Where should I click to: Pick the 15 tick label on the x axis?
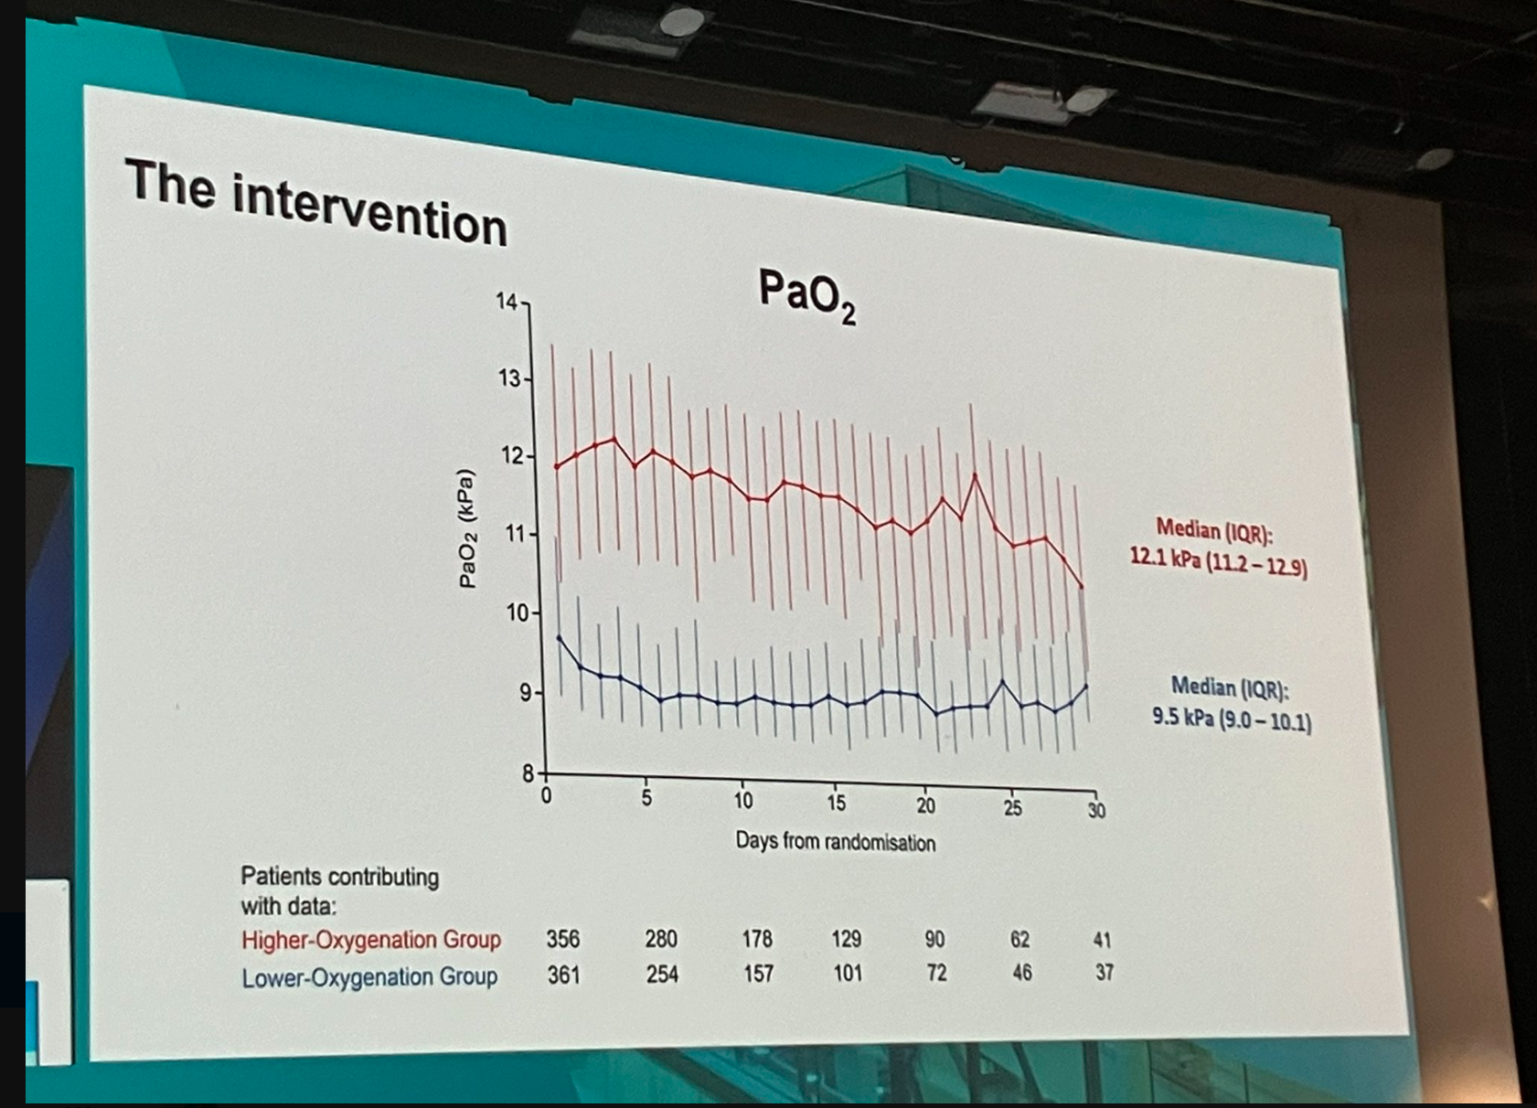836,803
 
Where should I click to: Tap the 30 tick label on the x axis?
1096,810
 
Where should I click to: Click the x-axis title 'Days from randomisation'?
836,841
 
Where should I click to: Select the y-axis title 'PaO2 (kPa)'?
467,528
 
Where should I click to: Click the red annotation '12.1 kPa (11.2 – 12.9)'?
1219,561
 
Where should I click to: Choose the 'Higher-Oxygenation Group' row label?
371,940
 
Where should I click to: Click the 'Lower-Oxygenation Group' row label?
369,977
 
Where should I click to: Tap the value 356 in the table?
563,939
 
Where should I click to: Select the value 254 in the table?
662,975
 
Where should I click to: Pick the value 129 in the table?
846,939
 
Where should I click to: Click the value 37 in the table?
1105,972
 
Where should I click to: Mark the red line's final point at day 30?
1082,586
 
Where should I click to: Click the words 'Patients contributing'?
339,877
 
